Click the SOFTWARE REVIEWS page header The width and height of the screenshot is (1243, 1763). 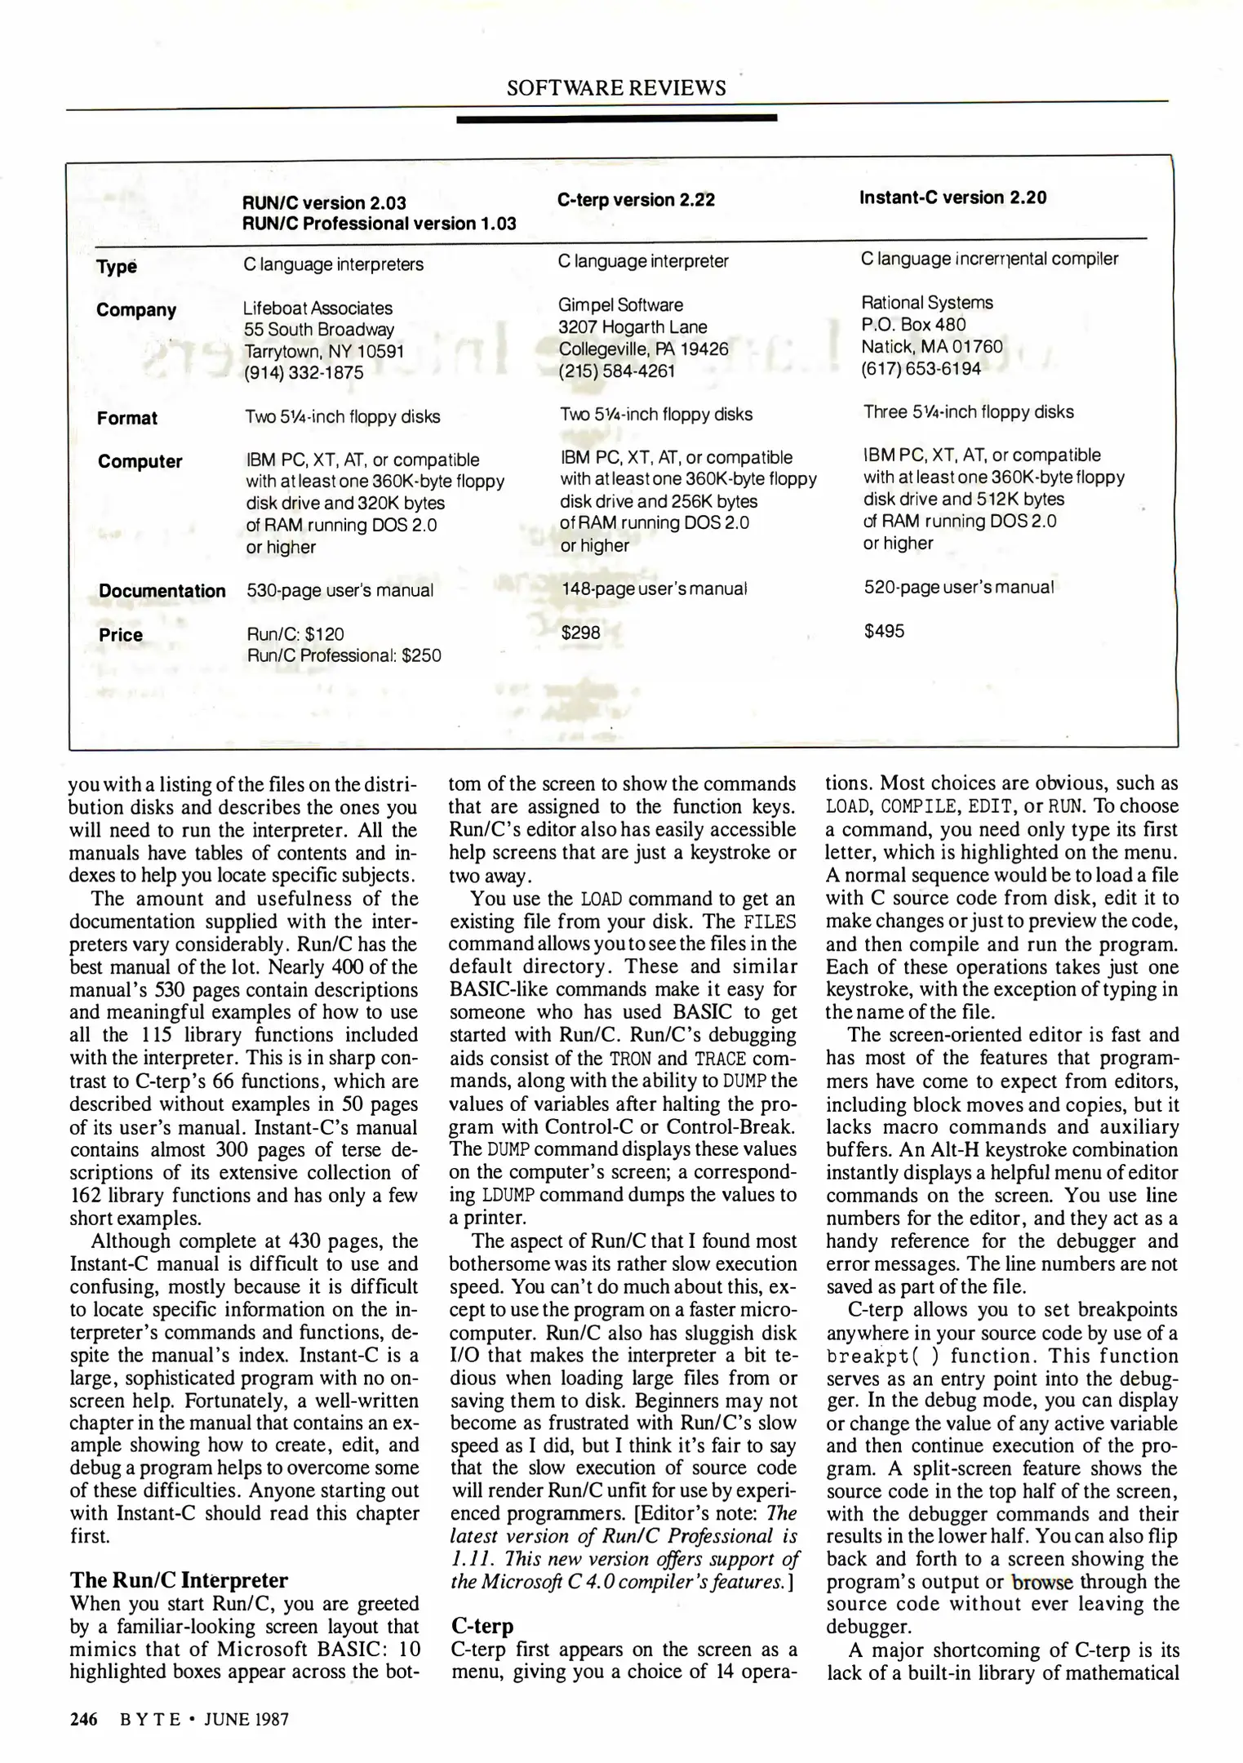click(616, 88)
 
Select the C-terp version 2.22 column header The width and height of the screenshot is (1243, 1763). click(636, 200)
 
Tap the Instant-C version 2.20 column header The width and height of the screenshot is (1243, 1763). click(952, 198)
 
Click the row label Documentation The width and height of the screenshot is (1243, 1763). click(162, 591)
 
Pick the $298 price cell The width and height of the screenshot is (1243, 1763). click(580, 633)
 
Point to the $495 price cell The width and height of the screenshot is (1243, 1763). click(884, 631)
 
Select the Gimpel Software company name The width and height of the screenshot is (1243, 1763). click(620, 305)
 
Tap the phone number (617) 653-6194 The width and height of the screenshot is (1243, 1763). click(921, 368)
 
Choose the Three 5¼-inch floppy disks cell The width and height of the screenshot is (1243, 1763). click(968, 412)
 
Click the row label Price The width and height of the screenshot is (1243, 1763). click(120, 635)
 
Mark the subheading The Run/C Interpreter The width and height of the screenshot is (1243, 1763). click(179, 1579)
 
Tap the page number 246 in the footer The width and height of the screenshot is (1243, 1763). click(84, 1719)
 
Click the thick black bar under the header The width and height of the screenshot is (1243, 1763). click(616, 118)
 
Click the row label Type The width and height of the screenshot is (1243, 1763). click(116, 267)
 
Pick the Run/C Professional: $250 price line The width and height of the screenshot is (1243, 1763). click(344, 655)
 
